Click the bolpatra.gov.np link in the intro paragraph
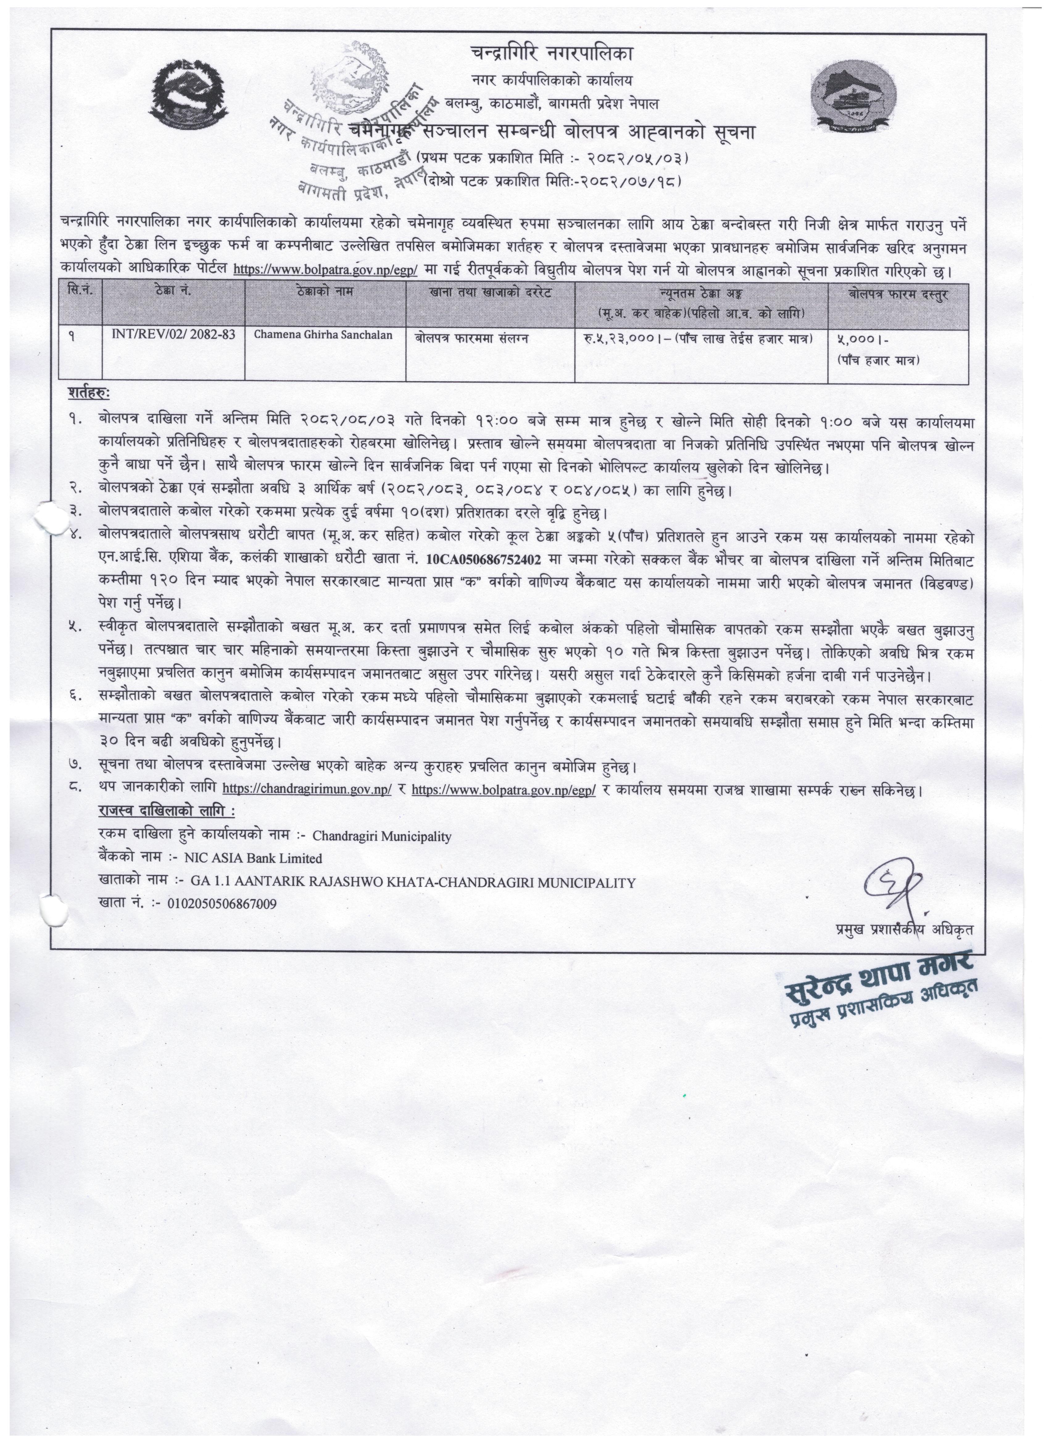(x=325, y=270)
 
